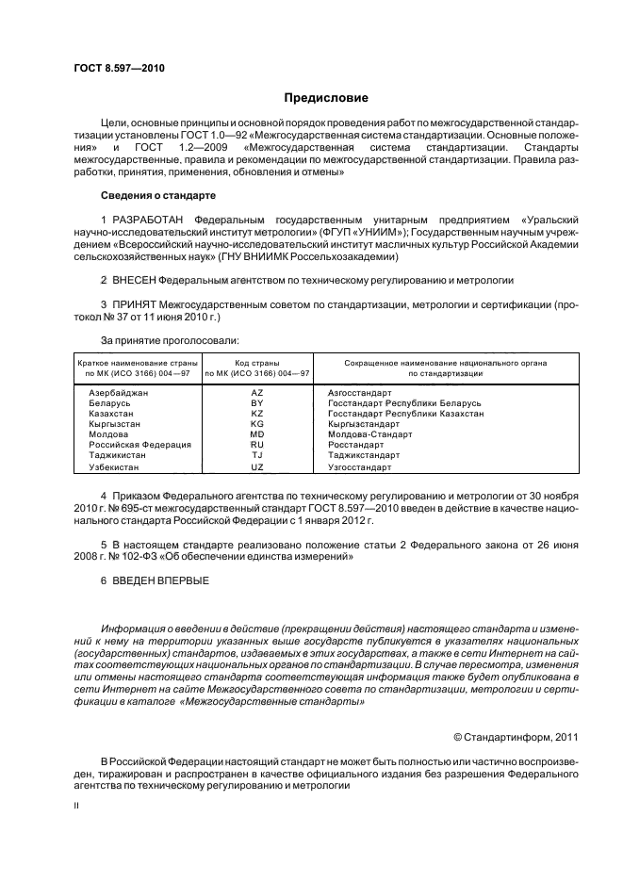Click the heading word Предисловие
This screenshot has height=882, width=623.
coord(327,98)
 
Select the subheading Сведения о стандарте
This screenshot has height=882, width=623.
coord(157,195)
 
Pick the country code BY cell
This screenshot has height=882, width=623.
coord(256,402)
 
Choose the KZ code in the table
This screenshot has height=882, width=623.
coord(256,414)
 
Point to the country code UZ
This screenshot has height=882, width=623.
coord(256,466)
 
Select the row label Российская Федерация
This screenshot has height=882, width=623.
coord(139,444)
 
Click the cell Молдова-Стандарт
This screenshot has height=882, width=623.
coord(369,434)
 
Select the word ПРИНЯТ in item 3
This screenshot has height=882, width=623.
coord(137,305)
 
